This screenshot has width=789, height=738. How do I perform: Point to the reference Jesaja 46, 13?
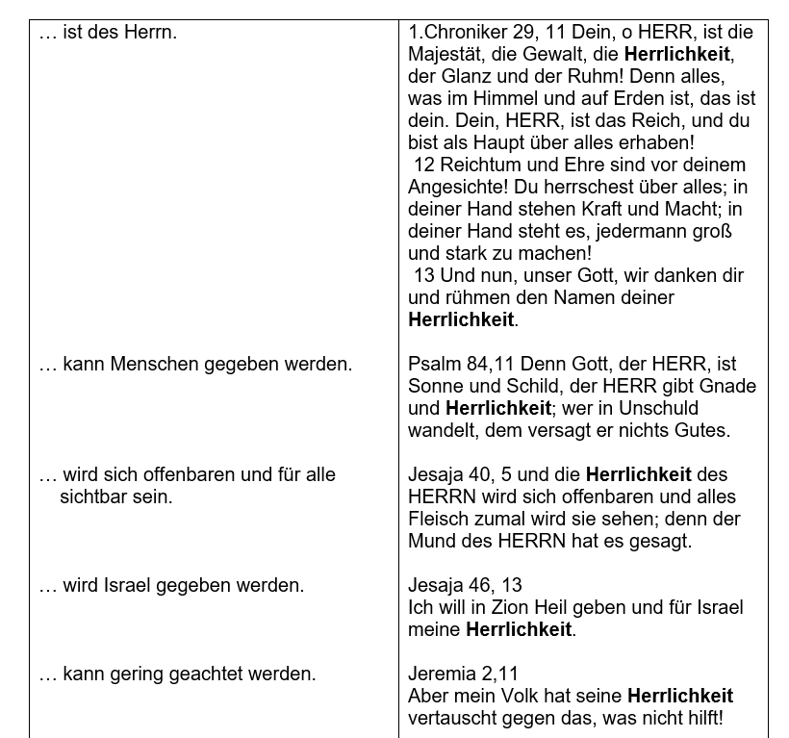coord(465,586)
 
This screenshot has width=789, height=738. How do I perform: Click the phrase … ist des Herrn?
coord(107,33)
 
